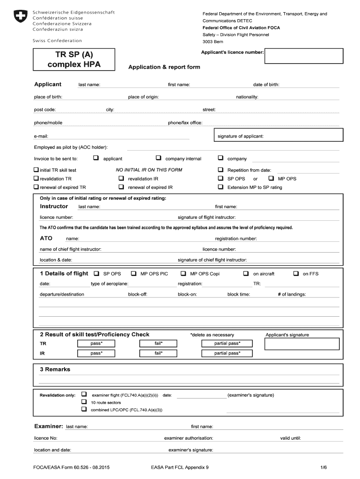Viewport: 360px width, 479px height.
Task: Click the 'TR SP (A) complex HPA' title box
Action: [x=74, y=59]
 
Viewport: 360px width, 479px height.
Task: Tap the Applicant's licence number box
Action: [x=304, y=57]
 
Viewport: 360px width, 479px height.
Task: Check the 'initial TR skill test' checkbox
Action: [x=36, y=170]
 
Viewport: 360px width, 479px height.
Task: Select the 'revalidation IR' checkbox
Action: [x=121, y=178]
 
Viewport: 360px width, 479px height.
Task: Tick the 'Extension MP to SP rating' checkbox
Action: [x=221, y=187]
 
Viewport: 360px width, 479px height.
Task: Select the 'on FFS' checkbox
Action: [x=295, y=273]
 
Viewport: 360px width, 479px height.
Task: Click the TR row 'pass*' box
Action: [x=96, y=343]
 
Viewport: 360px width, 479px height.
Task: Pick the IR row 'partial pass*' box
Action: [x=227, y=353]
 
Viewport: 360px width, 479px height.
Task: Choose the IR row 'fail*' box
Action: [x=158, y=353]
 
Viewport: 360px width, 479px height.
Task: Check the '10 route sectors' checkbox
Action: [x=84, y=402]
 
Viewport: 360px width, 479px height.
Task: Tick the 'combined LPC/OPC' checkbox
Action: [x=84, y=409]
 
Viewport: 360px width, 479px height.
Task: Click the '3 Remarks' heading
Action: [x=55, y=370]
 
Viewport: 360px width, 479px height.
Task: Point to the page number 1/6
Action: [x=324, y=467]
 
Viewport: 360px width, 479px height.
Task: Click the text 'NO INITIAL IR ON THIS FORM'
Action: [x=149, y=170]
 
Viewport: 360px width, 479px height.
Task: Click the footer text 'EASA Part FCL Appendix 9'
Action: [x=180, y=467]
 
